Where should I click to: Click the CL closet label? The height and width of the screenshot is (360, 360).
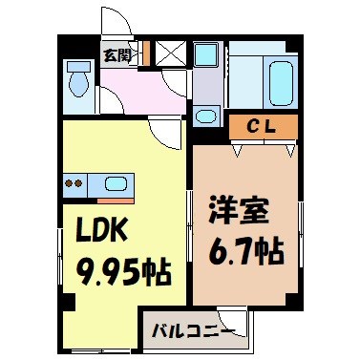pos(264,124)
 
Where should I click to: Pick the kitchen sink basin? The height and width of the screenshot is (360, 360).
pos(116,184)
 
